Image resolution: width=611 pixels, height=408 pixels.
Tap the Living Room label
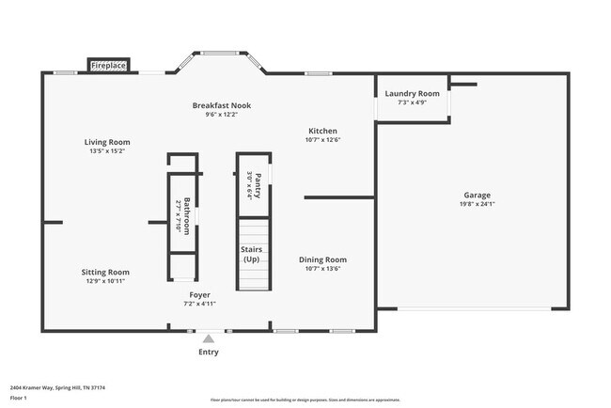pos(107,142)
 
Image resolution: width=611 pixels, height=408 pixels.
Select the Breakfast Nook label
pos(222,105)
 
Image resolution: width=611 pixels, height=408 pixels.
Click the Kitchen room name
pos(322,131)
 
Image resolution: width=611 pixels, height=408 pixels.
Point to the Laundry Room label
pos(412,93)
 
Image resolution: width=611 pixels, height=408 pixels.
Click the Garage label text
pos(477,195)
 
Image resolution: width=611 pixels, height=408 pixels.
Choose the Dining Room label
pos(322,259)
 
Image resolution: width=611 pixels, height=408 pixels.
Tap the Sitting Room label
pos(105,272)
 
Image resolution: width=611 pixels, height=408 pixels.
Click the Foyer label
pos(199,294)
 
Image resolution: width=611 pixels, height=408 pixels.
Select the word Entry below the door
pos(208,352)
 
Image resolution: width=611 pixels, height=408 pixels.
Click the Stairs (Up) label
pos(251,254)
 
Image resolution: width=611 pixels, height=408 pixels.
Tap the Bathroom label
pos(186,214)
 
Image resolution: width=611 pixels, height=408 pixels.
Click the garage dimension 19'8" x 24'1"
pos(477,204)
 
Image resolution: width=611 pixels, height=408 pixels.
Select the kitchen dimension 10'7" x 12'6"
pos(322,140)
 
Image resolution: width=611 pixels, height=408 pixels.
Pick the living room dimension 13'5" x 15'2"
pos(107,150)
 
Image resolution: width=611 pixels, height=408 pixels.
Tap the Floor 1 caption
pos(21,398)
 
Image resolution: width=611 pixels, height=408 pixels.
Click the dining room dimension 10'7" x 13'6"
pos(322,269)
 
